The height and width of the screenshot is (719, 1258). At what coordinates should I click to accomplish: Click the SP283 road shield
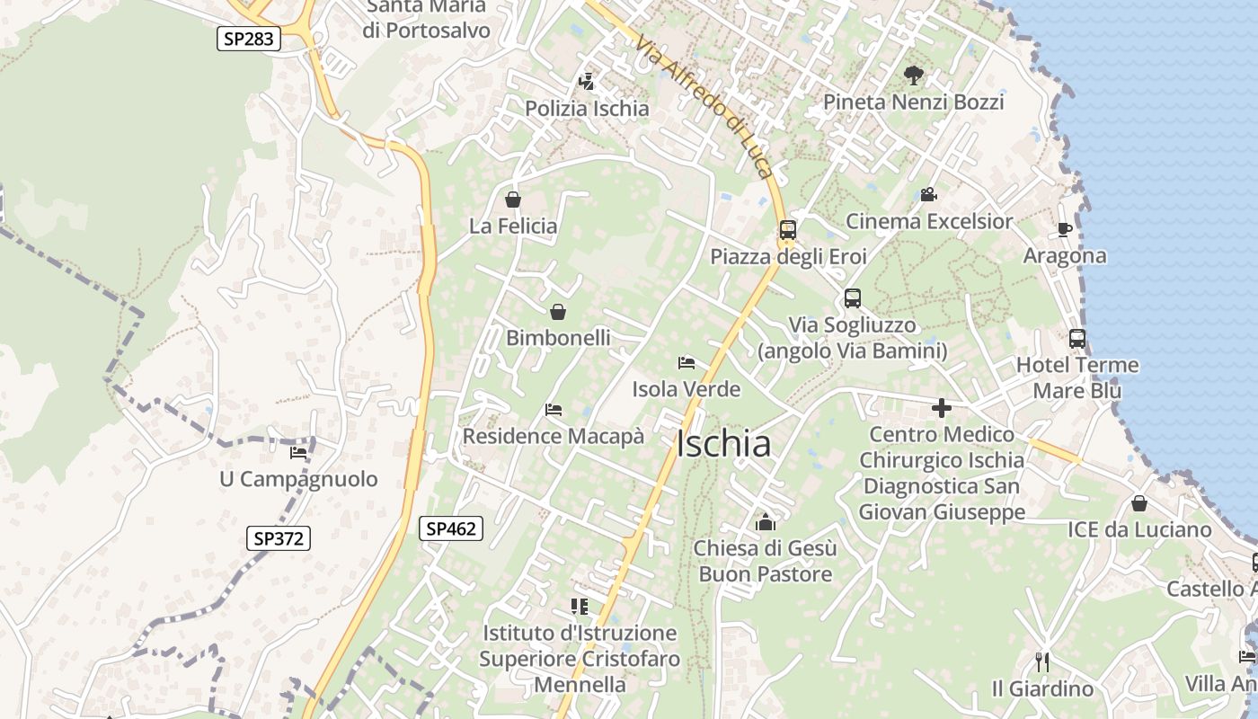[x=249, y=39]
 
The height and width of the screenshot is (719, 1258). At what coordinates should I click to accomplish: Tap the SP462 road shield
[x=451, y=529]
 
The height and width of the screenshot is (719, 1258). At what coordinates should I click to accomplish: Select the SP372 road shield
[x=279, y=538]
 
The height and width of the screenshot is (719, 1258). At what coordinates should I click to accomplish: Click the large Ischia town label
[x=723, y=444]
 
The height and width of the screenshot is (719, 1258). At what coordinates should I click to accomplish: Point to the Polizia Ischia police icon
[x=587, y=82]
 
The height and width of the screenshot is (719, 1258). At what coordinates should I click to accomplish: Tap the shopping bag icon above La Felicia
[x=513, y=200]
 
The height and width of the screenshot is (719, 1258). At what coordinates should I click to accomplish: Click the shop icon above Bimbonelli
[x=558, y=312]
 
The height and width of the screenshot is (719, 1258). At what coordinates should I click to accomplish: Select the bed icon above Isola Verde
[x=687, y=363]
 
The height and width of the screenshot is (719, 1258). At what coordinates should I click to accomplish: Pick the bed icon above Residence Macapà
[x=554, y=410]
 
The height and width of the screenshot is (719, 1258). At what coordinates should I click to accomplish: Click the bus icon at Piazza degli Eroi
[x=788, y=230]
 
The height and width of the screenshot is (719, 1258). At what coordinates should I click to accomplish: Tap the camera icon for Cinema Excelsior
[x=928, y=194]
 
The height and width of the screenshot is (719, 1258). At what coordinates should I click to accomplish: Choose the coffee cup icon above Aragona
[x=1065, y=229]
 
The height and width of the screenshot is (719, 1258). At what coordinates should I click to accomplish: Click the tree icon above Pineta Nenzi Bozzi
[x=914, y=75]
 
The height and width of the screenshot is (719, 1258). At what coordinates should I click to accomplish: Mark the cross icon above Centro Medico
[x=942, y=408]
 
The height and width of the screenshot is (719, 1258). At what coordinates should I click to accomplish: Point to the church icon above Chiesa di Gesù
[x=766, y=521]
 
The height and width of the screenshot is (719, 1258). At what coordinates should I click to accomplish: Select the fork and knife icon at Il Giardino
[x=1042, y=662]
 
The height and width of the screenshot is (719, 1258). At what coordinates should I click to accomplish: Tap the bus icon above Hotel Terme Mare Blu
[x=1076, y=339]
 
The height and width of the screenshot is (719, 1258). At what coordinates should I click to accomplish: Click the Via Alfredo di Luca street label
[x=704, y=102]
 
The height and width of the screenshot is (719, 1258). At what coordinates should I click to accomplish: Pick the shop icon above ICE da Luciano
[x=1139, y=503]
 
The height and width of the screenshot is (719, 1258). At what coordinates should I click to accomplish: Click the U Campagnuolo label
[x=298, y=479]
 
